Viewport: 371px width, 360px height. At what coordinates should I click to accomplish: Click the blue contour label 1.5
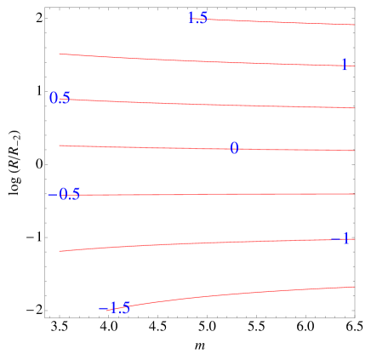197,18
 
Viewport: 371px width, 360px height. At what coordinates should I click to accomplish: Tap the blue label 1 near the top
344,65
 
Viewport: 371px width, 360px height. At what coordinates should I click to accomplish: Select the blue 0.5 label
60,98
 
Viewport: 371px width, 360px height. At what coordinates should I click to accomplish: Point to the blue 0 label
234,148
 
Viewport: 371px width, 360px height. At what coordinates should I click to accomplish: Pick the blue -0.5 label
65,194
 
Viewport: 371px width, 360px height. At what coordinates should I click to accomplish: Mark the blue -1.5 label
115,307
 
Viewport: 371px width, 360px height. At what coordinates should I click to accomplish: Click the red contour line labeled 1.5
281,21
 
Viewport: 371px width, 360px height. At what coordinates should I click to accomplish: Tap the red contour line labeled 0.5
213,104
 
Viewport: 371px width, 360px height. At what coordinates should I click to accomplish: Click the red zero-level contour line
153,147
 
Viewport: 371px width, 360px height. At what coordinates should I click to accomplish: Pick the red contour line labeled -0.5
213,194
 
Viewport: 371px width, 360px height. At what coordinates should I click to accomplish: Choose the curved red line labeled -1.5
238,294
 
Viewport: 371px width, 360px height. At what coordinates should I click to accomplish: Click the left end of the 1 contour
60,54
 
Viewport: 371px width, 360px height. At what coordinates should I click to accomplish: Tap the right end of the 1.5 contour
353,25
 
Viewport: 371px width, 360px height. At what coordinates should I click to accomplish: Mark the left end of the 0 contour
60,146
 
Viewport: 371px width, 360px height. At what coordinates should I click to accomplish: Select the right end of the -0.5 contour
353,194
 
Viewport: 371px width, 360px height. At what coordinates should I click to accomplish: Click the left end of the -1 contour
60,251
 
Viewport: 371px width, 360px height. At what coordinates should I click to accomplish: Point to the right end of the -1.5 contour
353,287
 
